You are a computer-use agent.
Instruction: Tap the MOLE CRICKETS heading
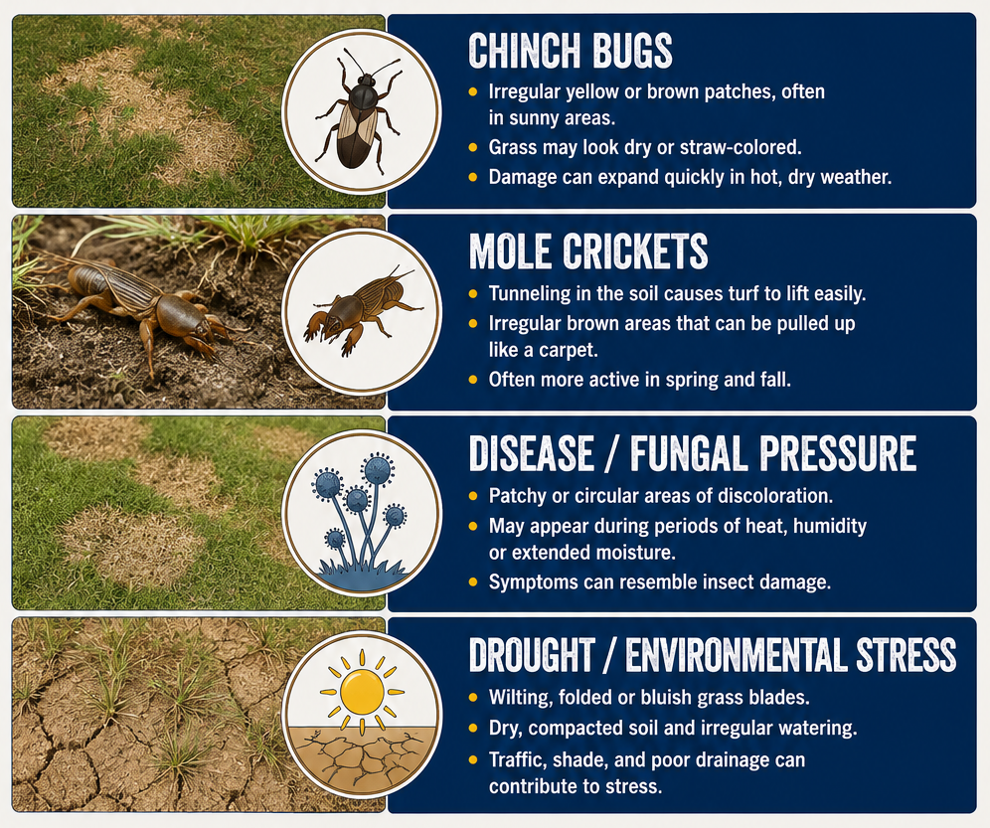588,251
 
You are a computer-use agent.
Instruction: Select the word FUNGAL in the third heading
689,453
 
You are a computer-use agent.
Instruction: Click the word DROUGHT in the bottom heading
532,655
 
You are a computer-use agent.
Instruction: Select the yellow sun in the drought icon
362,691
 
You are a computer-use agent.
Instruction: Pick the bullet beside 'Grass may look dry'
473,148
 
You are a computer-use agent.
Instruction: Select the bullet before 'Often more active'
473,380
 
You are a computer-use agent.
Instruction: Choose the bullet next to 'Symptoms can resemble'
473,581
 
